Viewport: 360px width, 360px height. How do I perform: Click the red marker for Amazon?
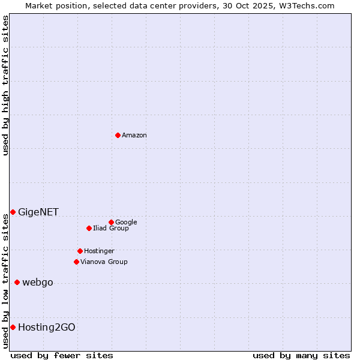[x=118, y=135]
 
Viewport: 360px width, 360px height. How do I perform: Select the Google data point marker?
[x=111, y=222]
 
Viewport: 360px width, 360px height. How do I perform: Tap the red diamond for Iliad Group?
[x=89, y=228]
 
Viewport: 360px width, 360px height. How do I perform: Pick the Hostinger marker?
[x=80, y=251]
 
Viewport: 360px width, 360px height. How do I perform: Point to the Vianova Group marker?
[x=76, y=262]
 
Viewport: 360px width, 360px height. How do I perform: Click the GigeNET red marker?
[x=13, y=212]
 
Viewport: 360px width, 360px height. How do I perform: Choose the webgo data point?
[x=17, y=282]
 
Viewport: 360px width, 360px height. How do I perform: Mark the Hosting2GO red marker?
[x=13, y=327]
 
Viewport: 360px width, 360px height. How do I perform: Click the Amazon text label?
[x=134, y=136]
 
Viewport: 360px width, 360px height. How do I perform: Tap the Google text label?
[x=126, y=223]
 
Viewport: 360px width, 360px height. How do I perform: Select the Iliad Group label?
[x=111, y=229]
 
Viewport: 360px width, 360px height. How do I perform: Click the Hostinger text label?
[x=99, y=251]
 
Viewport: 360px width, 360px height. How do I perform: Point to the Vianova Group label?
[x=104, y=262]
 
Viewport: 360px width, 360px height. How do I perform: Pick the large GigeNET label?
[x=38, y=212]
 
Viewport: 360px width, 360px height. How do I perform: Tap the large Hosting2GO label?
[x=47, y=327]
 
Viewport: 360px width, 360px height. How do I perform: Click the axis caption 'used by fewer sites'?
[x=62, y=355]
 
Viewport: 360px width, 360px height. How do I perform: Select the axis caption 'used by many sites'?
[x=301, y=355]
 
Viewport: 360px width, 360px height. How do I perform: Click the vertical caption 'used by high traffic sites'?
[x=5, y=85]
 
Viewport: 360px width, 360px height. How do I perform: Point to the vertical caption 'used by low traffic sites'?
[x=5, y=281]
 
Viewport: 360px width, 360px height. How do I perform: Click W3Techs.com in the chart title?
[x=304, y=5]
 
